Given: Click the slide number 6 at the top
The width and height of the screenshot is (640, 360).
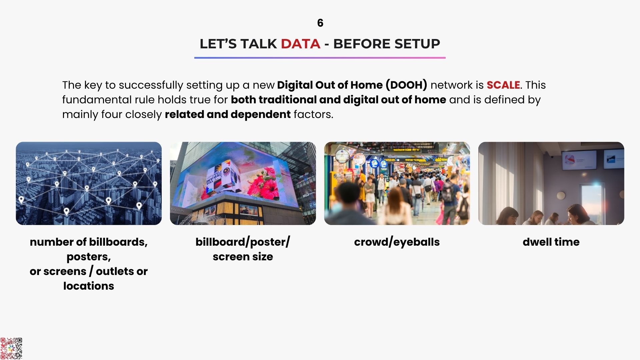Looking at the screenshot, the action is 320,23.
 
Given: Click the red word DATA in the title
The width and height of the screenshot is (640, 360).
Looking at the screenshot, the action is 300,44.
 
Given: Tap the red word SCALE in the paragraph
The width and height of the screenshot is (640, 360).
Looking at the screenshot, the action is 503,85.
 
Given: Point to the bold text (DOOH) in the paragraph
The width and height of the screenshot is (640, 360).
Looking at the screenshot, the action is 406,85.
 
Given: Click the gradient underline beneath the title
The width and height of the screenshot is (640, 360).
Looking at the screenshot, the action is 320,58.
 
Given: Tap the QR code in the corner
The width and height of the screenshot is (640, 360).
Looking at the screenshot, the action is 11,348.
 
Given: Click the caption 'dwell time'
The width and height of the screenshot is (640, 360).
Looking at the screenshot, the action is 551,242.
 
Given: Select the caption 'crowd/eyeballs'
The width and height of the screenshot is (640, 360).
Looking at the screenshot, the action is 397,242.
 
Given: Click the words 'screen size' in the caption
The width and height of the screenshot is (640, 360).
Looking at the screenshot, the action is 243,257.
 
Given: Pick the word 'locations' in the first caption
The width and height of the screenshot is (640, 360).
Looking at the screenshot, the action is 89,286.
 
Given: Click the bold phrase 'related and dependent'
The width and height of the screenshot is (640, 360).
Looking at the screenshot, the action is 228,114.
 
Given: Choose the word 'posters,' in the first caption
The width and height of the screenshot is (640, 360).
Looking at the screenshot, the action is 89,257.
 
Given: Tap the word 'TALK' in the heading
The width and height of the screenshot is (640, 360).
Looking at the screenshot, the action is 259,44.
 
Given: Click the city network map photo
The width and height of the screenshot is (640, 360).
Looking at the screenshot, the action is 89,183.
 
